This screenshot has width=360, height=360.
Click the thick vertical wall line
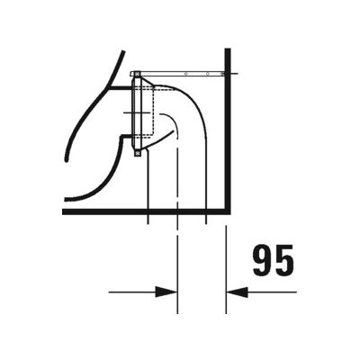[227, 135]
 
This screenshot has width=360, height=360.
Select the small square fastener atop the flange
[135, 73]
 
